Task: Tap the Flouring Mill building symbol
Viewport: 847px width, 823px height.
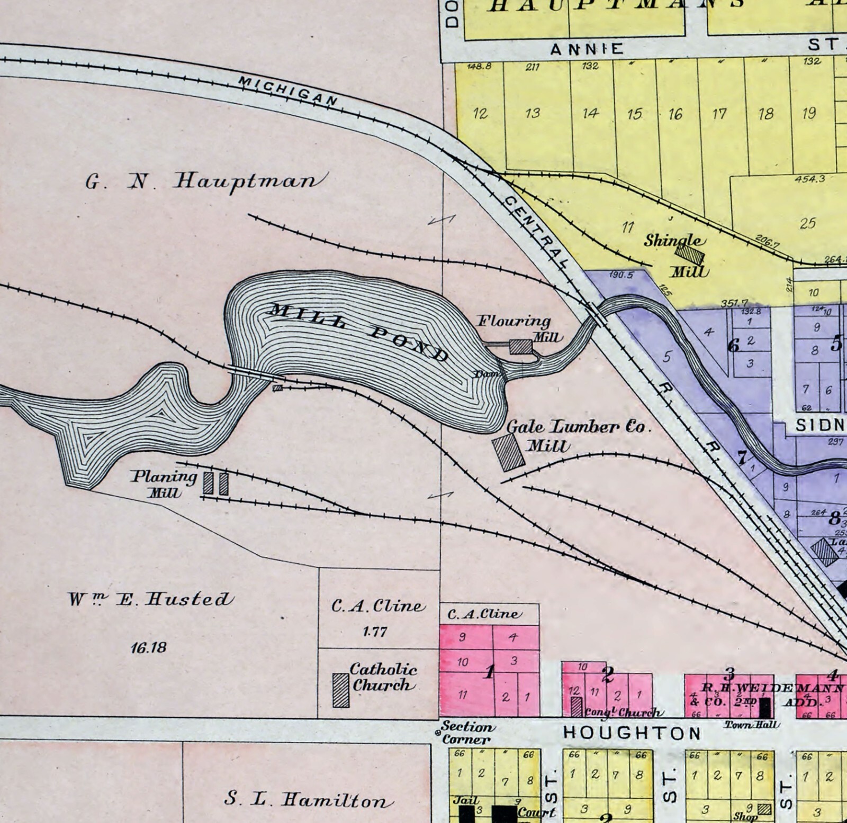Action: click(520, 346)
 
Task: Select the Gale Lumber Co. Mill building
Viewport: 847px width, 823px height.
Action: click(509, 452)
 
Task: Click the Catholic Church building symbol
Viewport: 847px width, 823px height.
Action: click(340, 690)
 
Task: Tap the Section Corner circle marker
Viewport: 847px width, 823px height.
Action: click(438, 733)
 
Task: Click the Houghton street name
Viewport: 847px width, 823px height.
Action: click(632, 733)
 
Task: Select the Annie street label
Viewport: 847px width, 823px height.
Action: click(587, 50)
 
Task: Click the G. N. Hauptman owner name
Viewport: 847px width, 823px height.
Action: click(204, 181)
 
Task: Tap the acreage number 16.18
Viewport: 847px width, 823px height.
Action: click(149, 647)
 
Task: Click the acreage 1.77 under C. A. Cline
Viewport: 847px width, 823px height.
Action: click(375, 632)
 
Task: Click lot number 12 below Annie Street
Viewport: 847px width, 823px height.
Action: click(480, 114)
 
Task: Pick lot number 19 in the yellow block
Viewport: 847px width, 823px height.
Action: click(808, 113)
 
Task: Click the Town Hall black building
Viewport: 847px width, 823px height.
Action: click(764, 708)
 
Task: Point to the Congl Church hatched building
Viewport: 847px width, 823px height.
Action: click(576, 707)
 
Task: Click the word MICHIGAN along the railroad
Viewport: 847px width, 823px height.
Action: click(289, 90)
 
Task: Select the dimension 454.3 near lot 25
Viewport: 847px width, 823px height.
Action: click(809, 179)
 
